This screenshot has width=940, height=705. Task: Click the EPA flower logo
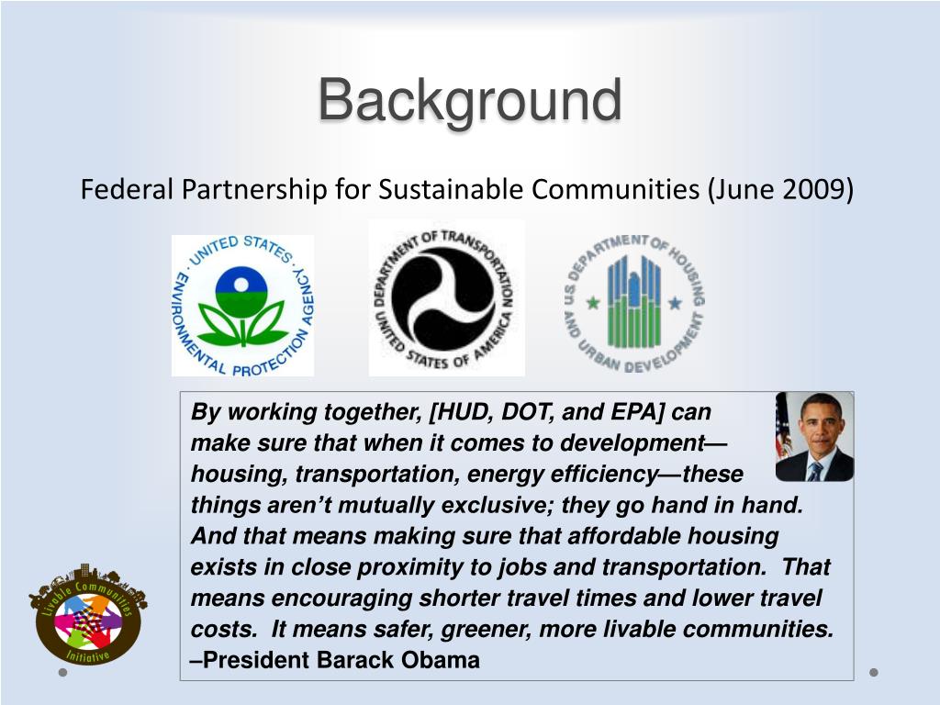point(242,306)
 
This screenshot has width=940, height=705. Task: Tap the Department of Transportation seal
point(447,298)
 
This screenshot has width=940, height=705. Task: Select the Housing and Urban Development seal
point(634,303)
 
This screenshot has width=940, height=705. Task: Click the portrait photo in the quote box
point(815,436)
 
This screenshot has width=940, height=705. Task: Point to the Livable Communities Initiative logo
point(88,614)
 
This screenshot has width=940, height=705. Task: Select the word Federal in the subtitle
point(127,189)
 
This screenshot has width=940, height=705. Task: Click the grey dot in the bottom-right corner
point(874,673)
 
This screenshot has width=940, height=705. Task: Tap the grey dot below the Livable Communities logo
point(63,673)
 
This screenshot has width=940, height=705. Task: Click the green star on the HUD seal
point(593,303)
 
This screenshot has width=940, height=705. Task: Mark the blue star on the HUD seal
point(675,303)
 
